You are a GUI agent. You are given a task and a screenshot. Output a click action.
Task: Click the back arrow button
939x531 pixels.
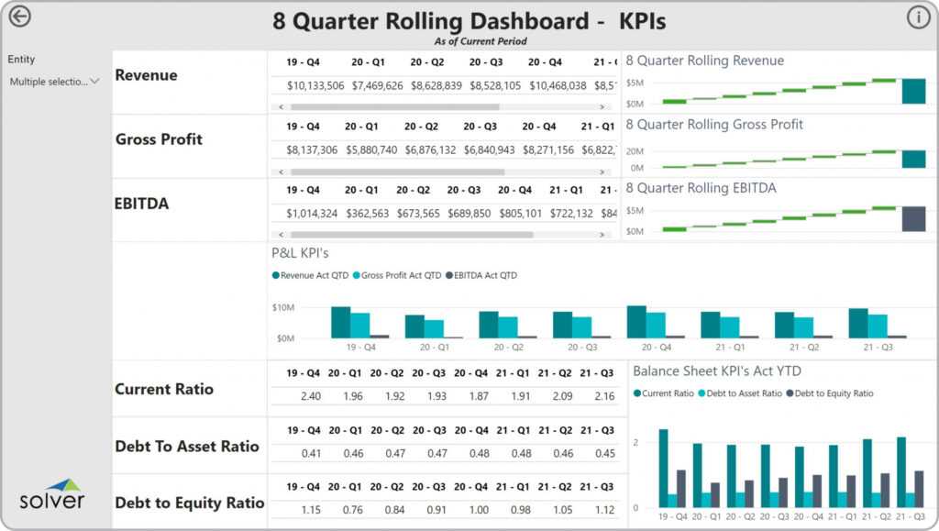click(18, 17)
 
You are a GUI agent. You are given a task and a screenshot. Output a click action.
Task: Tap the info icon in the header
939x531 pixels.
click(918, 17)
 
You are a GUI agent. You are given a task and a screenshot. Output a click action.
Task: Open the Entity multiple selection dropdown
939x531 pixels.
click(53, 82)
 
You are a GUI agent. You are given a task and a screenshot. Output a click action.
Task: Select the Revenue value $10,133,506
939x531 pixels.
click(315, 85)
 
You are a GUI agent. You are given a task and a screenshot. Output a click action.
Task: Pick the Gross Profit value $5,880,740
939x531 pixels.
click(371, 149)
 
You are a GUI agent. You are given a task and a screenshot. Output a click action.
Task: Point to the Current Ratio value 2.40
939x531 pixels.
click(310, 396)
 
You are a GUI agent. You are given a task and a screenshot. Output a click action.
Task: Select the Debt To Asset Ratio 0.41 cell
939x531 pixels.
click(311, 453)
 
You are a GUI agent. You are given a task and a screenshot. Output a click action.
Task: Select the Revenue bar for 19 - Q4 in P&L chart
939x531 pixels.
click(340, 322)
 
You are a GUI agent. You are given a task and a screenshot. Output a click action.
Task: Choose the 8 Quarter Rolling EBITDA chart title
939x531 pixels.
click(701, 188)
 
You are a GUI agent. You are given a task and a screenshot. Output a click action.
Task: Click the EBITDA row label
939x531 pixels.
click(142, 204)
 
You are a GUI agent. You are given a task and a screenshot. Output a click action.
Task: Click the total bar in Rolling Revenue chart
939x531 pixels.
click(913, 91)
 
